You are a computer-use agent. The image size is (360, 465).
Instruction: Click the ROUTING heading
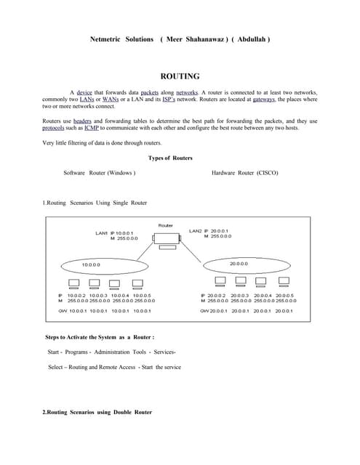[x=180, y=76]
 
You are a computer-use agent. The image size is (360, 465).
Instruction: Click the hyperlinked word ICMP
[x=92, y=127]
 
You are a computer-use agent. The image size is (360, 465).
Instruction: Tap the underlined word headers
[x=82, y=121]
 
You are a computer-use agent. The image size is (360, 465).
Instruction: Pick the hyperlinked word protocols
[x=55, y=127]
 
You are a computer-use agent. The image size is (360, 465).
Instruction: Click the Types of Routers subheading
[x=169, y=158]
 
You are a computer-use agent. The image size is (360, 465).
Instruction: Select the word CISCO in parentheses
[x=267, y=173]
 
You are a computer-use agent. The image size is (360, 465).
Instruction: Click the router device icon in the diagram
[x=165, y=239]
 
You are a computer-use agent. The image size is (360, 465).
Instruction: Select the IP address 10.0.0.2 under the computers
[x=77, y=296]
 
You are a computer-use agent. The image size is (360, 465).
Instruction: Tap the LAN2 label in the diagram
[x=195, y=231]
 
